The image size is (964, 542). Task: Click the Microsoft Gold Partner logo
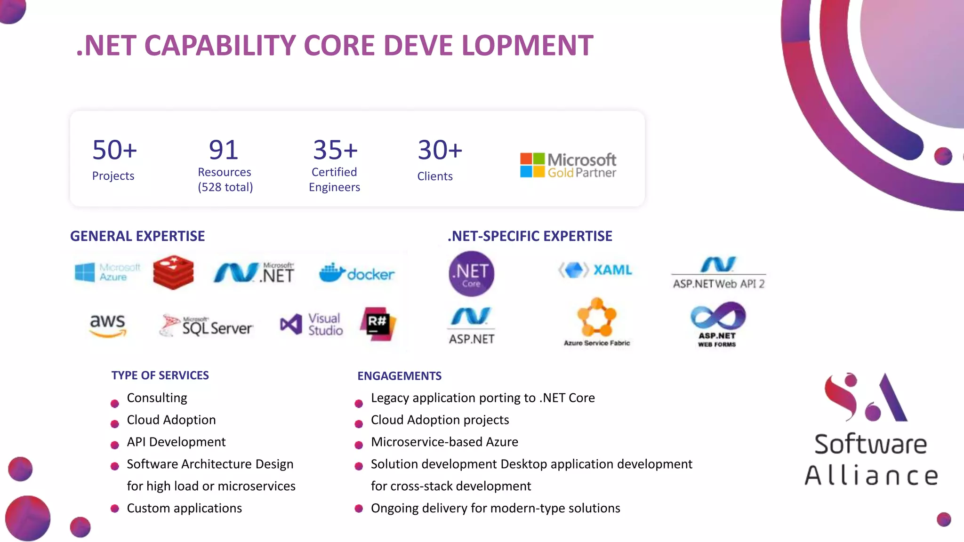tap(568, 166)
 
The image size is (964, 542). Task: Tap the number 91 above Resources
tap(224, 150)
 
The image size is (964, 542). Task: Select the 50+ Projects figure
tap(114, 150)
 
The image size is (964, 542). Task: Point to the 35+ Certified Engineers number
tap(335, 150)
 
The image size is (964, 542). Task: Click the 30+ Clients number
tap(440, 150)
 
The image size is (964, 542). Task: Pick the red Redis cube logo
tap(173, 272)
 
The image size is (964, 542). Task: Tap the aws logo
tap(108, 325)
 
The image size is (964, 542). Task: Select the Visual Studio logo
tap(311, 325)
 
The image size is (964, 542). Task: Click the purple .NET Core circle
tap(471, 273)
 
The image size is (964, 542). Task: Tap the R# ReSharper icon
tap(378, 324)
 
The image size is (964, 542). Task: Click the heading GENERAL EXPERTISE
tap(137, 236)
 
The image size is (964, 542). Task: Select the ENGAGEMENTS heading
tap(399, 376)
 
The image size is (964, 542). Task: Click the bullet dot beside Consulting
tap(115, 403)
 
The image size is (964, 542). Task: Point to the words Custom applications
tap(184, 508)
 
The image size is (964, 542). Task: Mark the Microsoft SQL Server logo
tap(206, 326)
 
